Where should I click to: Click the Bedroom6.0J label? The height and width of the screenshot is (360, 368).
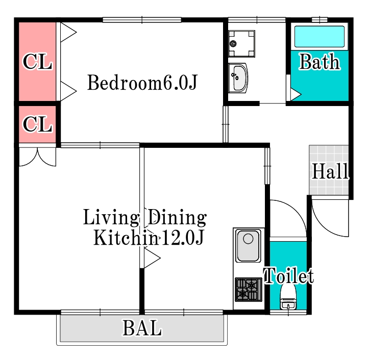142,83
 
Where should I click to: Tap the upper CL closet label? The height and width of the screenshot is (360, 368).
38,62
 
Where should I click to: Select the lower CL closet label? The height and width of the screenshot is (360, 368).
38,124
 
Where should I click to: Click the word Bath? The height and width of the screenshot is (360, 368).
320,62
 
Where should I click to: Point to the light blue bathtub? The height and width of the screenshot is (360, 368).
320,37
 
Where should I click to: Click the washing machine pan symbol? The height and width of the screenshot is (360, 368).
241,44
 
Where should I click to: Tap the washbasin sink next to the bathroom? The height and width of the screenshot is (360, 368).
238,78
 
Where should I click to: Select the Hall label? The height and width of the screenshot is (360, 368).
330,171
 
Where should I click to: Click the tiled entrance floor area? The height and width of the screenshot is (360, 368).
329,170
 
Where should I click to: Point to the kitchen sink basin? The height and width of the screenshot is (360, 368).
248,246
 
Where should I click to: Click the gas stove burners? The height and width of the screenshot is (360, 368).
249,290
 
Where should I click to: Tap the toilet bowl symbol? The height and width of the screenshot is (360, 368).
288,297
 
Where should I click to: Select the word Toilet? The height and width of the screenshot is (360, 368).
289,275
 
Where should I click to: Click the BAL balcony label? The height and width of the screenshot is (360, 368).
142,328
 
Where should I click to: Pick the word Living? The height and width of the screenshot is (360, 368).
111,217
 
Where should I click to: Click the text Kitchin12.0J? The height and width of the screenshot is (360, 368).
149,237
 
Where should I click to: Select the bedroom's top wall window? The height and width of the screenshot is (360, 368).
142,20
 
